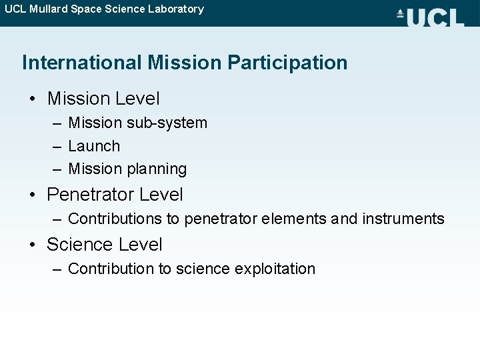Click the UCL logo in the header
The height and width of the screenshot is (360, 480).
[430, 17]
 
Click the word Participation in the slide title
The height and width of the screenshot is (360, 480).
[287, 63]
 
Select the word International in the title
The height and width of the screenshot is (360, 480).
[82, 63]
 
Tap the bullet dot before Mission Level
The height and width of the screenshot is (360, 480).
[33, 99]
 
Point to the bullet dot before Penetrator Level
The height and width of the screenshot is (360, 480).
[33, 195]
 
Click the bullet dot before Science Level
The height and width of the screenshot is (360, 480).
[33, 245]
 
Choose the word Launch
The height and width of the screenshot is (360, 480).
[94, 146]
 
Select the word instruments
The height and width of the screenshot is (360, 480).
[403, 219]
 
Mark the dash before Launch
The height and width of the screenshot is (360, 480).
[56, 146]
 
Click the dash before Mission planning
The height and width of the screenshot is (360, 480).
[56, 169]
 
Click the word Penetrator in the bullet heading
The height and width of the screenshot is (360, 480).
[87, 195]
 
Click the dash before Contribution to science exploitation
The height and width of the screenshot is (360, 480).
[56, 269]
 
